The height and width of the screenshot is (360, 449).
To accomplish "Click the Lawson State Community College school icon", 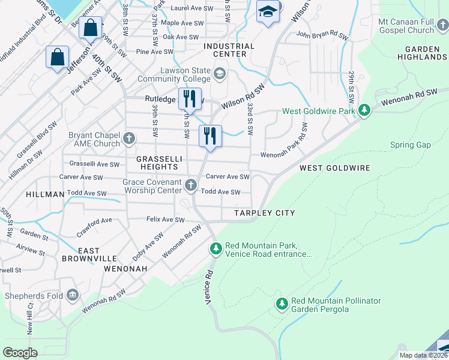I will [x=220, y=74].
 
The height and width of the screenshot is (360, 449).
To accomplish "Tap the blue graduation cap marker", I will [x=267, y=11].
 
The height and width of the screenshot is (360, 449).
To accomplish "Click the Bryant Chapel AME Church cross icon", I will [x=128, y=139].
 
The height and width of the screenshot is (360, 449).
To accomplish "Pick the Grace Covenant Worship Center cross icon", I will [x=191, y=185].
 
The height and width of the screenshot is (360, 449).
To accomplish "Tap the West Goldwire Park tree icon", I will [x=364, y=110].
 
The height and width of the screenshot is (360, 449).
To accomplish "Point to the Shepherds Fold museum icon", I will [x=73, y=295].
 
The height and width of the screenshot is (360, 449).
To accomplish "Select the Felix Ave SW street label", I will [x=165, y=220].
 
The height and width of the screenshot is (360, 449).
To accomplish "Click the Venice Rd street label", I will [x=209, y=289].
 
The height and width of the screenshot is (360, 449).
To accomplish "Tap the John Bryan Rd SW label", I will [x=322, y=36].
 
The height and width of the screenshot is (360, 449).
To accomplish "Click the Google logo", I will [x=20, y=352].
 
